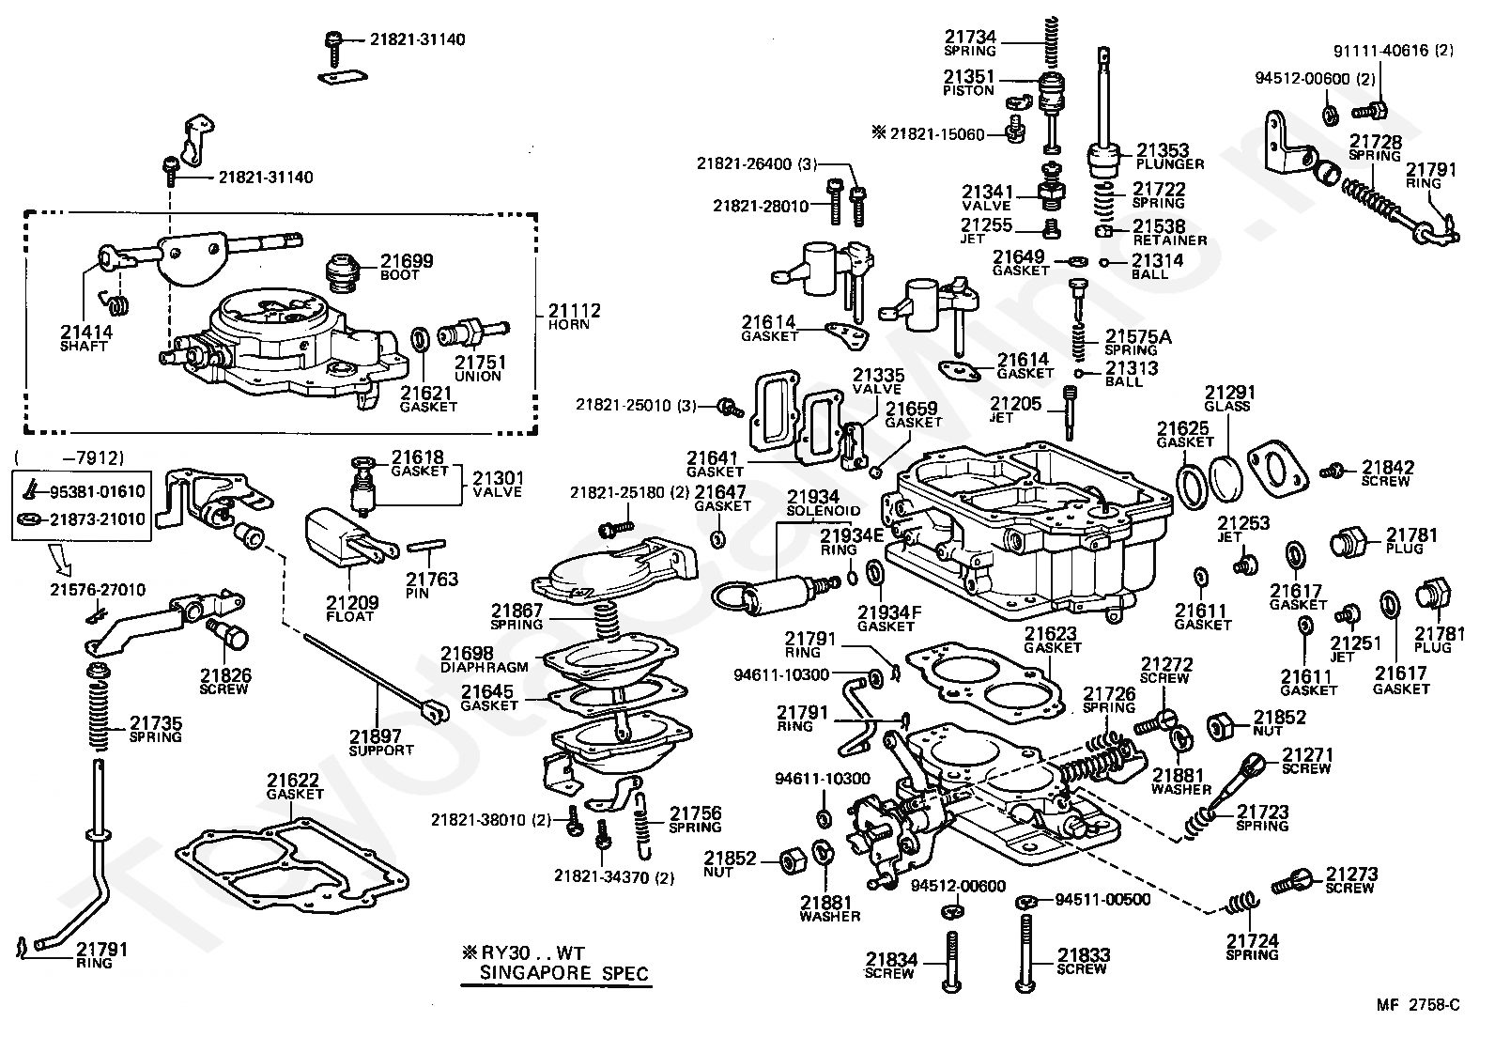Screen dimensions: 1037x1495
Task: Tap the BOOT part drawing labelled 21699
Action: click(348, 271)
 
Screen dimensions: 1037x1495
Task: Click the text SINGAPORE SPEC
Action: click(563, 973)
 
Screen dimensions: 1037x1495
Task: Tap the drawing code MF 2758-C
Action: click(1418, 1006)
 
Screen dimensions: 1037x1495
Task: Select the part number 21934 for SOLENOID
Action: click(813, 497)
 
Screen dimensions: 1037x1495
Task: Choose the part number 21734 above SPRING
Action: click(970, 38)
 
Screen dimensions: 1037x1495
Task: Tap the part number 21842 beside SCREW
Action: click(1388, 468)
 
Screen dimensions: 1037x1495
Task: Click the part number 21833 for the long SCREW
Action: click(1083, 955)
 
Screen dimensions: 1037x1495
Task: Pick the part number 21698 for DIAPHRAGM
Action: click(468, 653)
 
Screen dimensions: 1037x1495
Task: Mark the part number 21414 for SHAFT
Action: click(85, 332)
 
